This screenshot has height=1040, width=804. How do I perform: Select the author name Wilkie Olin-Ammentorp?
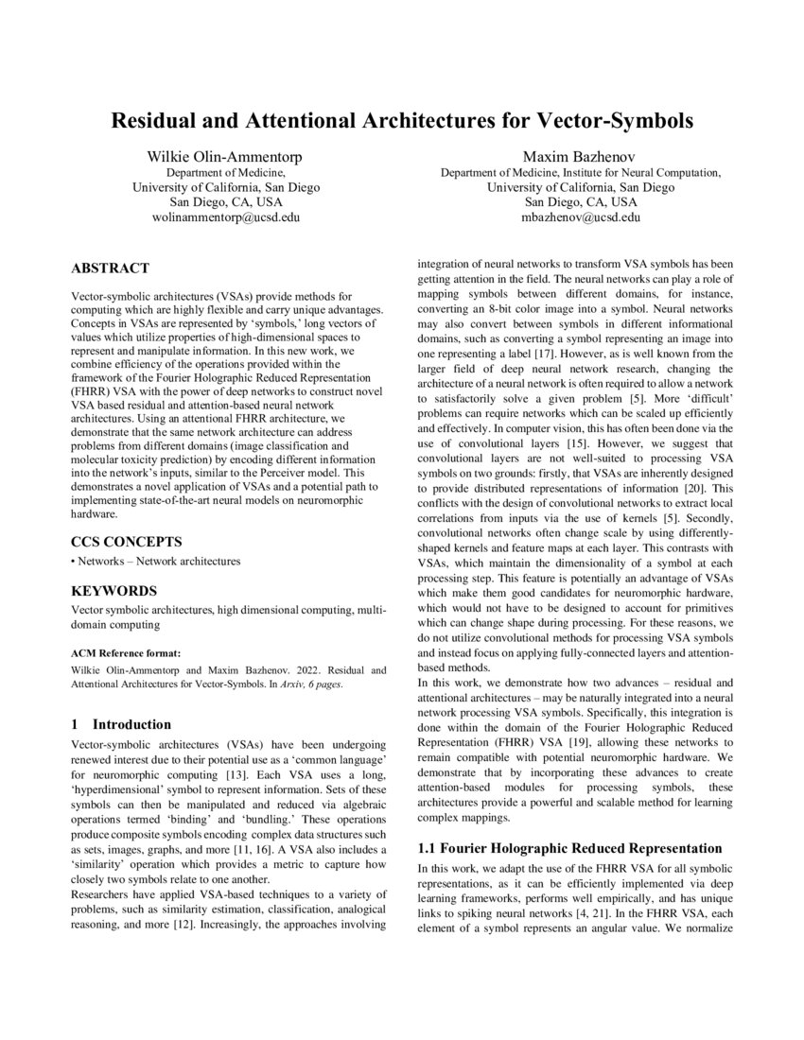pyautogui.click(x=224, y=155)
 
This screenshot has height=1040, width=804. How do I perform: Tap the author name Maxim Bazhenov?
pyautogui.click(x=581, y=155)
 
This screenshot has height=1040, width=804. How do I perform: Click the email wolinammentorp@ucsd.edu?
pyautogui.click(x=224, y=217)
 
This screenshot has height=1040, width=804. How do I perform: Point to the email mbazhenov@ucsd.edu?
pyautogui.click(x=581, y=217)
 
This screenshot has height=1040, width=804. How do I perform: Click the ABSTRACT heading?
pyautogui.click(x=110, y=269)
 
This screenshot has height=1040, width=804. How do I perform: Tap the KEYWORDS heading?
pyautogui.click(x=111, y=590)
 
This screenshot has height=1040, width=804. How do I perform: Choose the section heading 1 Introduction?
pyautogui.click(x=121, y=724)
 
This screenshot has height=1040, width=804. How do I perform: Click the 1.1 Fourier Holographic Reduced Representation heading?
pyautogui.click(x=569, y=847)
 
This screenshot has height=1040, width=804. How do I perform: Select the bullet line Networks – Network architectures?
pyautogui.click(x=156, y=561)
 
